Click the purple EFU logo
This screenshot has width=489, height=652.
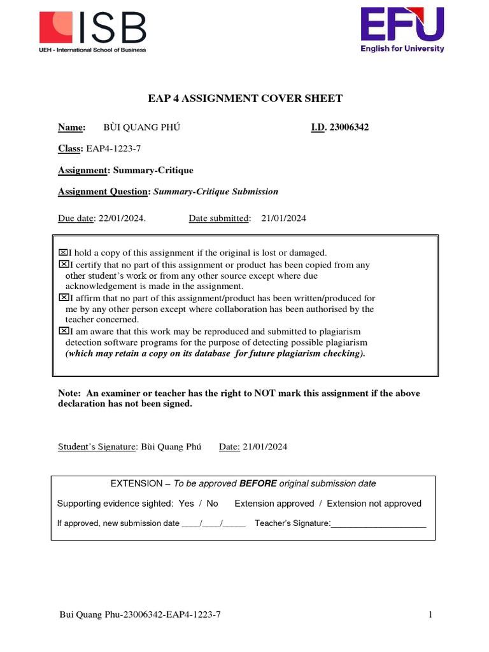[402, 29]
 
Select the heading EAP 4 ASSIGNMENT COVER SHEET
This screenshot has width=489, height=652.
[245, 98]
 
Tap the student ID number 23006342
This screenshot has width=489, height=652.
[349, 127]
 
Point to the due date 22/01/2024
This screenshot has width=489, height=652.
[121, 218]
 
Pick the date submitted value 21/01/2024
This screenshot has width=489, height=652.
[283, 218]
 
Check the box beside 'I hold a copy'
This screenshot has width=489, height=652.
[63, 253]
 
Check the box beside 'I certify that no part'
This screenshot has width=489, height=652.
[63, 264]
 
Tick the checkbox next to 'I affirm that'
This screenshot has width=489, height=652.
[63, 297]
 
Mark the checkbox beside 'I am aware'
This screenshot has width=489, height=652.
[63, 331]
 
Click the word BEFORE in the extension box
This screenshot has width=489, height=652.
[258, 483]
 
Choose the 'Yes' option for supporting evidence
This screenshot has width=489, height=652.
[187, 504]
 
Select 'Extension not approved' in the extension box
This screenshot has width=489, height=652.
[374, 504]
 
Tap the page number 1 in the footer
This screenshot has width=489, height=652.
[431, 614]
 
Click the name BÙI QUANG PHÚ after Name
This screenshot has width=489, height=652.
[142, 127]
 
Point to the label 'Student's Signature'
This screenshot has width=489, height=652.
[97, 446]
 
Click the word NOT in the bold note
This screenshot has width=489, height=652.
[264, 393]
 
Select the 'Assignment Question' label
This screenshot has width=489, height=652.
[104, 192]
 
